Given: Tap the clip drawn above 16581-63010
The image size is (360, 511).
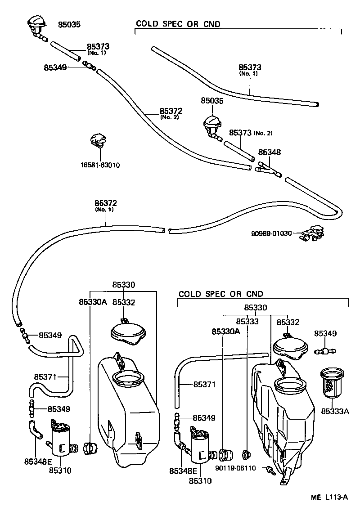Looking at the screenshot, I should [97, 140].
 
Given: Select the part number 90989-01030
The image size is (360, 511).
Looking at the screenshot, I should [271, 233].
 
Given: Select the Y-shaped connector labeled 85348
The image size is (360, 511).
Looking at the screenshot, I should [268, 170].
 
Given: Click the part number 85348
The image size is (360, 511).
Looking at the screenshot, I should [270, 152].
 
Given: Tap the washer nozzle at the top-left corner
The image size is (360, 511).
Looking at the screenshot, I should [36, 24].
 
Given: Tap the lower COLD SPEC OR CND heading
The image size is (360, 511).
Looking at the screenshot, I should [220, 294].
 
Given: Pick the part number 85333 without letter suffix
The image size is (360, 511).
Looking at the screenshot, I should [247, 322].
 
